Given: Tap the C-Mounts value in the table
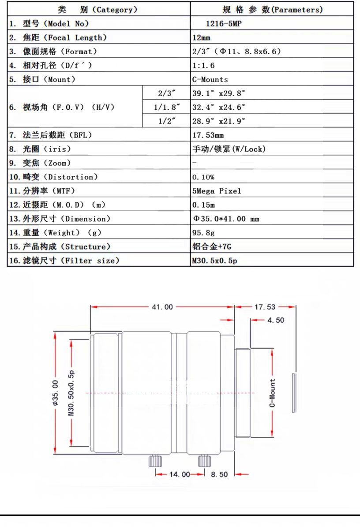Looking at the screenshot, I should [x=210, y=80].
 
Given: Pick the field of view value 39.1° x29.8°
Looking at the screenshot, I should [x=219, y=93].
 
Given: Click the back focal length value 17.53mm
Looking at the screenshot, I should [x=208, y=135].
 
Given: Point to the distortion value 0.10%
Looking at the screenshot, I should [x=203, y=177].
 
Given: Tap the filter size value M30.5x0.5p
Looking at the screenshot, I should [x=214, y=261].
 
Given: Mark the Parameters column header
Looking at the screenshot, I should [x=272, y=9].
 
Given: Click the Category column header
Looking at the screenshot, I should [x=97, y=9].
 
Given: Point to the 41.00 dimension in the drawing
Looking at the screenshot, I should [x=162, y=307].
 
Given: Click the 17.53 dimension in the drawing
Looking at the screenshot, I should [x=265, y=307].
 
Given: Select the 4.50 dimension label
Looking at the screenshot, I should [x=276, y=320].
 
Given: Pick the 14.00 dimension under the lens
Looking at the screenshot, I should [x=180, y=474].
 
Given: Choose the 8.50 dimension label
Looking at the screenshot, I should [x=219, y=474].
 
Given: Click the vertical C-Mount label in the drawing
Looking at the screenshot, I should [x=272, y=392].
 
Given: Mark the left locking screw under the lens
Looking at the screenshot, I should [x=154, y=462].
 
